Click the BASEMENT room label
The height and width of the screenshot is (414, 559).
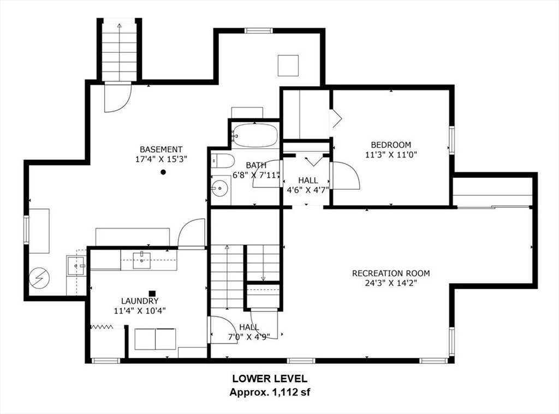[161, 149]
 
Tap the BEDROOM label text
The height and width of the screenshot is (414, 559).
[391, 145]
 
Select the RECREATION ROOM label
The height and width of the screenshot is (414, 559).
[391, 273]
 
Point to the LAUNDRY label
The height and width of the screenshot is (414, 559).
[140, 301]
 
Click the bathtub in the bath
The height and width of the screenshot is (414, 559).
[255, 136]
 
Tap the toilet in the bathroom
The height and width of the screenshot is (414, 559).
[222, 161]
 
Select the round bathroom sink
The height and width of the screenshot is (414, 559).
[219, 188]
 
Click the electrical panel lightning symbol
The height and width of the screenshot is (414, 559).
[39, 278]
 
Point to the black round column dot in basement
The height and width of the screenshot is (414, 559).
[163, 172]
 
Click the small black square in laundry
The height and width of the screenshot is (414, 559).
[152, 293]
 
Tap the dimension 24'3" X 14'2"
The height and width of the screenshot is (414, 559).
[391, 283]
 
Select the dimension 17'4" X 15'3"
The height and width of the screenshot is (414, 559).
[161, 159]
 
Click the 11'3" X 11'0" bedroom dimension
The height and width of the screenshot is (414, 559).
[391, 154]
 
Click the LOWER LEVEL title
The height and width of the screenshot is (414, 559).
[270, 379]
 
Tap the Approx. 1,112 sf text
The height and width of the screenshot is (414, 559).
[270, 393]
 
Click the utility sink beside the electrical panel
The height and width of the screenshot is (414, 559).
[76, 266]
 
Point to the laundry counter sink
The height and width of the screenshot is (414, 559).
[142, 260]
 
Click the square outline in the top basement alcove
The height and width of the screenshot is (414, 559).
[288, 65]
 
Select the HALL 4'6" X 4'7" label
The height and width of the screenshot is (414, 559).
[308, 185]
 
